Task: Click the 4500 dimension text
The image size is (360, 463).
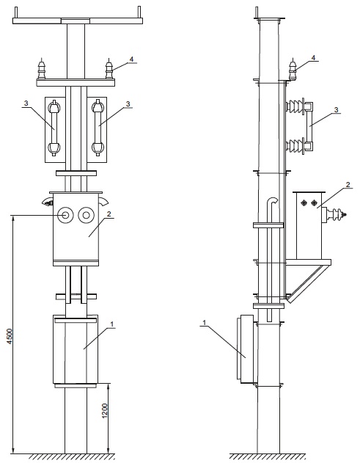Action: point(10,336)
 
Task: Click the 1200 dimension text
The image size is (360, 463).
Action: point(105,411)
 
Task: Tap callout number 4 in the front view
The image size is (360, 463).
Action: point(131,59)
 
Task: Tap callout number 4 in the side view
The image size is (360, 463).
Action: point(313,57)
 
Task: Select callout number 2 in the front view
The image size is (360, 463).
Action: point(109,214)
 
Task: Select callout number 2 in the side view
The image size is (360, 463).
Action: point(348,185)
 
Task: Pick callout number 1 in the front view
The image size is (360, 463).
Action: point(112,324)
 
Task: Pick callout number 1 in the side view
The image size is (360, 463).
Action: point(204,323)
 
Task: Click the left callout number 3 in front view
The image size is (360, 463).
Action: point(26,103)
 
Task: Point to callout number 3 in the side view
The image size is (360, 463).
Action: point(336,110)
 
